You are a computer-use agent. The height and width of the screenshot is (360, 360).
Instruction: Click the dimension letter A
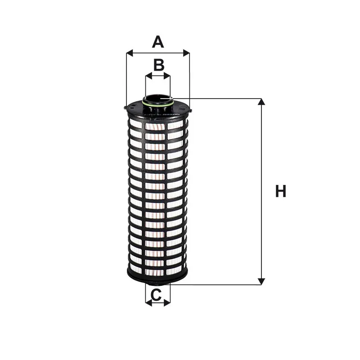click(x=158, y=42)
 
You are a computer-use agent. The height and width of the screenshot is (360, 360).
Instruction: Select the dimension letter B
click(x=159, y=65)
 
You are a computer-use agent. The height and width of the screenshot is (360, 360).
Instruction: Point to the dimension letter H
click(x=280, y=191)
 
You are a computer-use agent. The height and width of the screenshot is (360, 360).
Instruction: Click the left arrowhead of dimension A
click(x=130, y=53)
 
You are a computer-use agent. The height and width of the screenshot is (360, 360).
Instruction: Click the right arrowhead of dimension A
click(x=186, y=53)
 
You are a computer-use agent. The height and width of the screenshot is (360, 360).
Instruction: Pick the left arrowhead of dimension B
click(x=149, y=76)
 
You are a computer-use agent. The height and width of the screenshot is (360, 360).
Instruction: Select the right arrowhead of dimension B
click(x=167, y=76)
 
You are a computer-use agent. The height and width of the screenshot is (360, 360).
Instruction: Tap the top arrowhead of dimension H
click(x=261, y=102)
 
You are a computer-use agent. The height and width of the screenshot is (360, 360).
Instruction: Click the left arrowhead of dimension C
click(x=149, y=303)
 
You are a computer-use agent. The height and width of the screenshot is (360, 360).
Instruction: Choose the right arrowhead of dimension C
click(x=167, y=303)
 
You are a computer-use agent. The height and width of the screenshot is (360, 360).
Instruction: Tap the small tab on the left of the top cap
click(x=125, y=108)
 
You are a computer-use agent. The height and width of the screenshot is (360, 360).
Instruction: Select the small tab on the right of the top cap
click(x=190, y=111)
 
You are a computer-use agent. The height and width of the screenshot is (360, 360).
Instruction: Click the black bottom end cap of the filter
click(x=157, y=277)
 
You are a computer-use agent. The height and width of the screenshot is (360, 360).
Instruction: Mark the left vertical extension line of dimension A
click(x=126, y=79)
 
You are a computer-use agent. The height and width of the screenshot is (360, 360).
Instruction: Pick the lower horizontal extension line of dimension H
click(x=216, y=285)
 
